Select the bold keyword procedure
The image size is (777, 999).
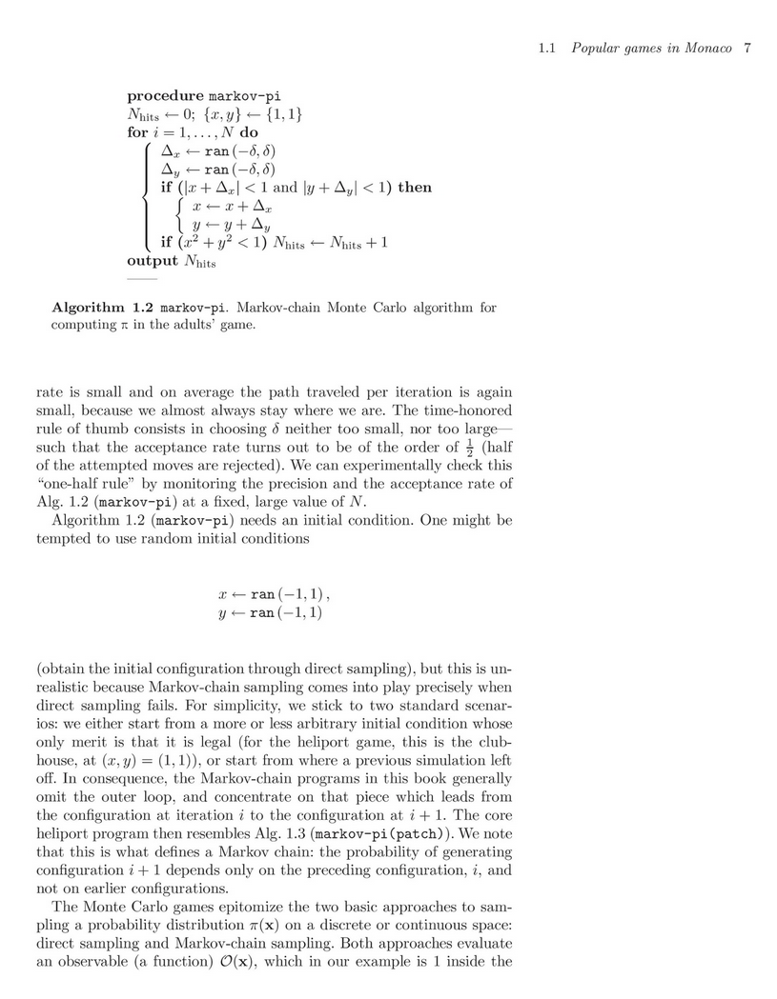[166, 96]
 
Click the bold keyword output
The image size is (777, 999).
[153, 260]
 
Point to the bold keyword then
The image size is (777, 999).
[414, 188]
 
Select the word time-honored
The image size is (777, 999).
[463, 410]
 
